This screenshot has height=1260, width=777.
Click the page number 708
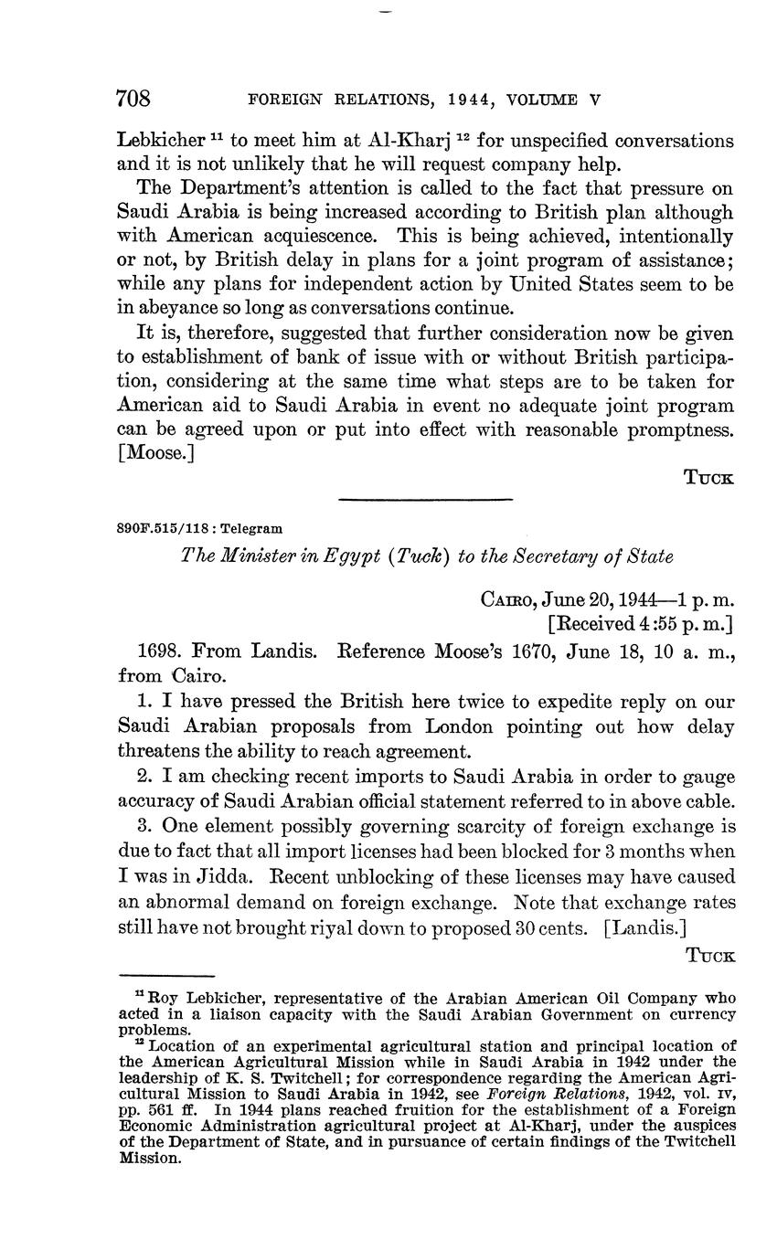point(133,99)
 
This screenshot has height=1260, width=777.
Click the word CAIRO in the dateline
point(507,600)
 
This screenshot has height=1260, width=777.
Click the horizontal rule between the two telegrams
point(425,499)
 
